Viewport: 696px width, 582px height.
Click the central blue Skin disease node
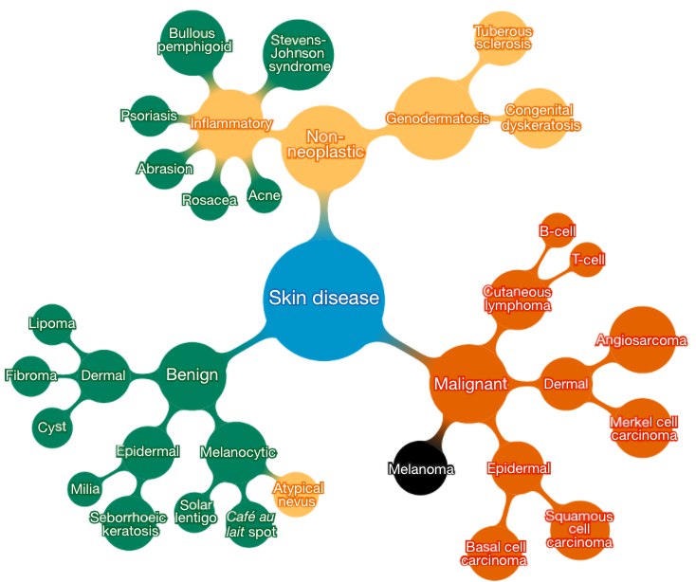click(323, 299)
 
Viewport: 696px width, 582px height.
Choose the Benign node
click(192, 375)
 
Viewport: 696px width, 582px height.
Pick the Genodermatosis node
click(436, 119)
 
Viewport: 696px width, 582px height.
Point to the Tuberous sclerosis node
click(504, 38)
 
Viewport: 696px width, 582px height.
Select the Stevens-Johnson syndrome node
click(300, 55)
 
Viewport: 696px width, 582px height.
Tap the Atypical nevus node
click(299, 494)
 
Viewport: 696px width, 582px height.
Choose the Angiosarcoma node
click(641, 339)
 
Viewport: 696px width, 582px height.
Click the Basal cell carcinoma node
click(494, 553)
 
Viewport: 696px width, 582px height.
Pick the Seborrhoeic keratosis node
click(128, 523)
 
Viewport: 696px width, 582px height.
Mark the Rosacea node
click(210, 200)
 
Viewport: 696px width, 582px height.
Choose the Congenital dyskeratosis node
click(541, 117)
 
